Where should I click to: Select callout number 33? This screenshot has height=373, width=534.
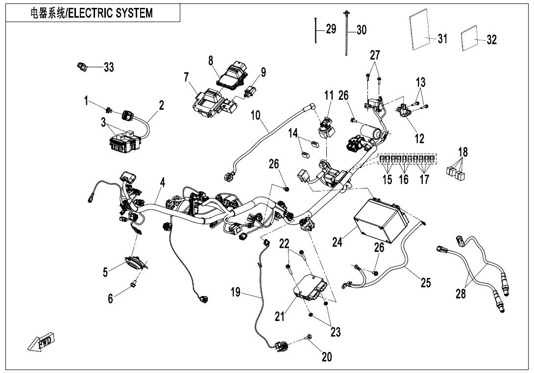pyautogui.click(x=108, y=68)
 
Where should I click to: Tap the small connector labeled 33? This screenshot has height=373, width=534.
pyautogui.click(x=82, y=66)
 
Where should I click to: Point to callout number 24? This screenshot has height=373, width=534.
pyautogui.click(x=337, y=241)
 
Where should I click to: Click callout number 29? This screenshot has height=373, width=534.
pyautogui.click(x=331, y=29)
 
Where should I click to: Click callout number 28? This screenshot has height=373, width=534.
pyautogui.click(x=461, y=294)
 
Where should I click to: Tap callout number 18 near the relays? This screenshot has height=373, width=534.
pyautogui.click(x=463, y=152)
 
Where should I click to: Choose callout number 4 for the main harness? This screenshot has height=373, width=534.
pyautogui.click(x=162, y=183)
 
